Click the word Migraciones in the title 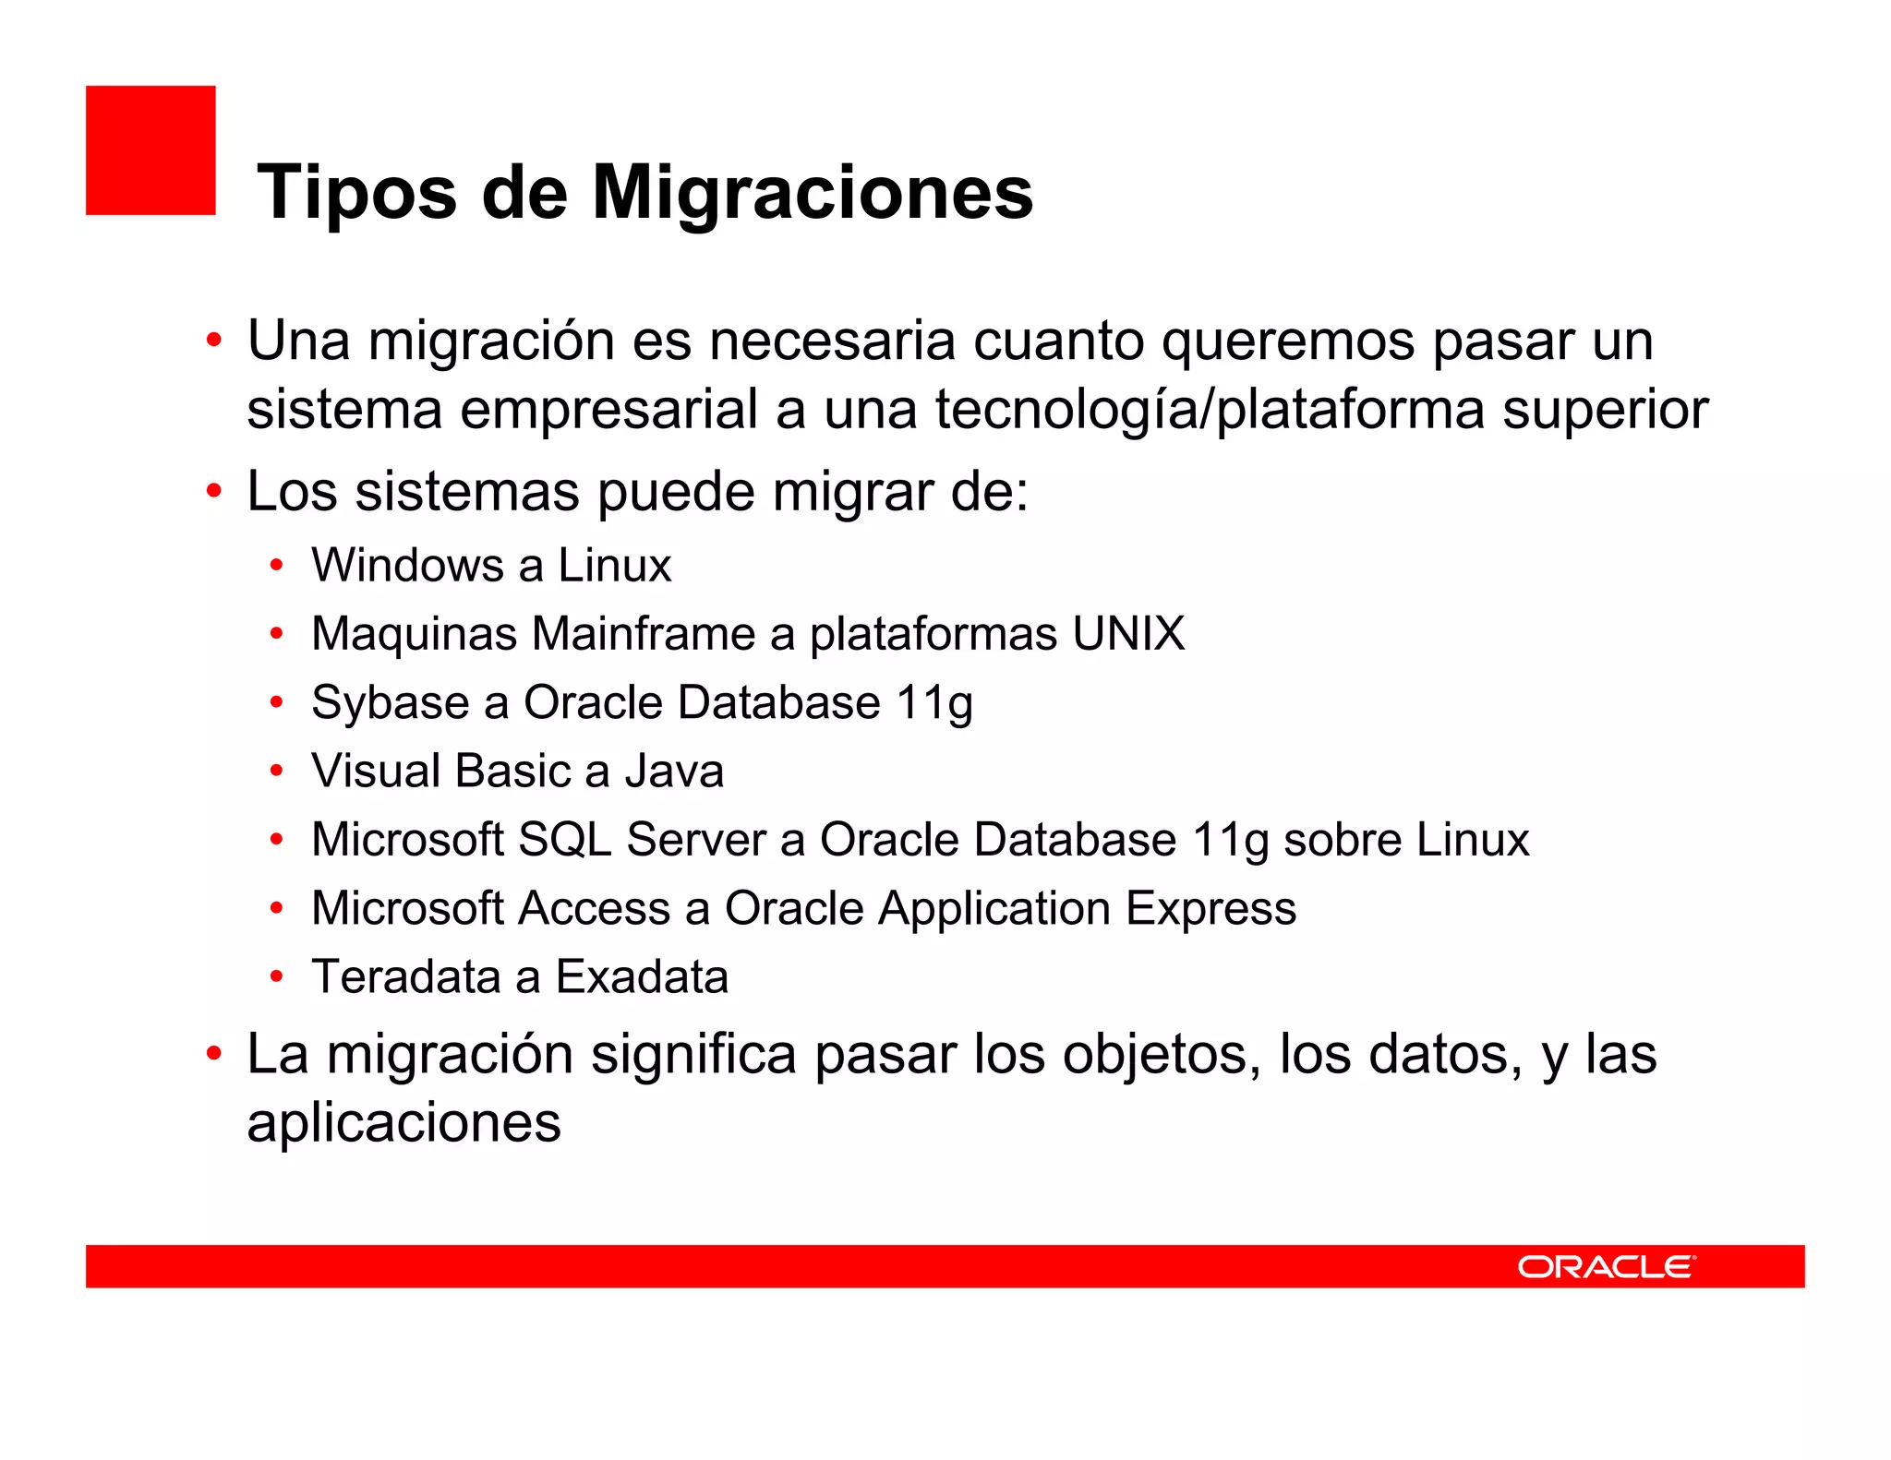812,193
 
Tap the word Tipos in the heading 356,193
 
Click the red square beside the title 151,150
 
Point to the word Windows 407,565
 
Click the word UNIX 1128,634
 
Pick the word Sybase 391,703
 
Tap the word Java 673,772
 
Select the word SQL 564,840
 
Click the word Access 595,908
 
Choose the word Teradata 406,976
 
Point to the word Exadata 642,976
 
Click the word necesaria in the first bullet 832,341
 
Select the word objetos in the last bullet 1162,1054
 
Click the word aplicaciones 403,1123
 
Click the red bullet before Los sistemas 214,491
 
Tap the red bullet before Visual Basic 276,772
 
